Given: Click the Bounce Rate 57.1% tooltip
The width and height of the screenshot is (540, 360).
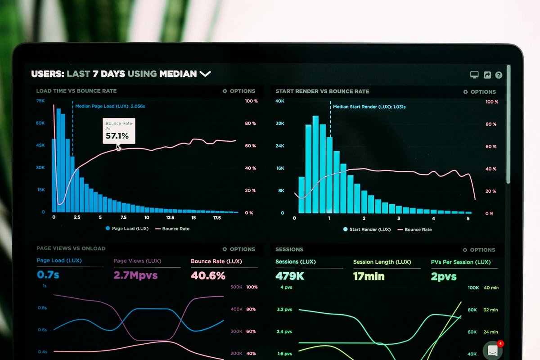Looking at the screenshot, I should click(119, 131).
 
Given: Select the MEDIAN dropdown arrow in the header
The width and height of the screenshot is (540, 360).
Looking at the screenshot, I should click(205, 74).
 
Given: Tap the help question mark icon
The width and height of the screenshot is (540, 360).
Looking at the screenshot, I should click(499, 75).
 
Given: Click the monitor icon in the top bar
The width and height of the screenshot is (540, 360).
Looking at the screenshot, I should click(474, 75).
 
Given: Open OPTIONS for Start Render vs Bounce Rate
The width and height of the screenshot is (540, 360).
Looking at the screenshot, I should click(479, 92).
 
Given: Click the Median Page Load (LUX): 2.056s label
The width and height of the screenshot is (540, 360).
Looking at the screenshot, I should click(110, 106).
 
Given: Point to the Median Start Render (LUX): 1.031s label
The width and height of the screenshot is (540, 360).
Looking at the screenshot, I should click(369, 107).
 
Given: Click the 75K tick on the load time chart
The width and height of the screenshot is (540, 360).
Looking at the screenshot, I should click(40, 101).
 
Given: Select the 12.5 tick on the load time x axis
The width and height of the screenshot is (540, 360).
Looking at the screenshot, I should click(170, 217).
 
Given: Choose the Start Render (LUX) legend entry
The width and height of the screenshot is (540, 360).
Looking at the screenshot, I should click(366, 229).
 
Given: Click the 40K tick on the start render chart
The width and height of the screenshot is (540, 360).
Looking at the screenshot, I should click(280, 101).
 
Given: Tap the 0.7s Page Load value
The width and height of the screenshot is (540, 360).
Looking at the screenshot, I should click(48, 274).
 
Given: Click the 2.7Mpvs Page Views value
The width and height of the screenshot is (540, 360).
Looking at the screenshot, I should click(135, 275).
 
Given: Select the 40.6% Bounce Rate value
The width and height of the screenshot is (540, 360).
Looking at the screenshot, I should click(208, 275).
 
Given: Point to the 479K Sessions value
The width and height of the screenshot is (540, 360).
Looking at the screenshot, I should click(290, 276).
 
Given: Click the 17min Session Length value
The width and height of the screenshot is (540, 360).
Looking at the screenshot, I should click(369, 276).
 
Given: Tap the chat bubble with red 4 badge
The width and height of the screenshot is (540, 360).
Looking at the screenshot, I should click(493, 350).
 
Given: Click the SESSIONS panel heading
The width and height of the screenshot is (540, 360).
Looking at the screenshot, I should click(289, 249).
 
